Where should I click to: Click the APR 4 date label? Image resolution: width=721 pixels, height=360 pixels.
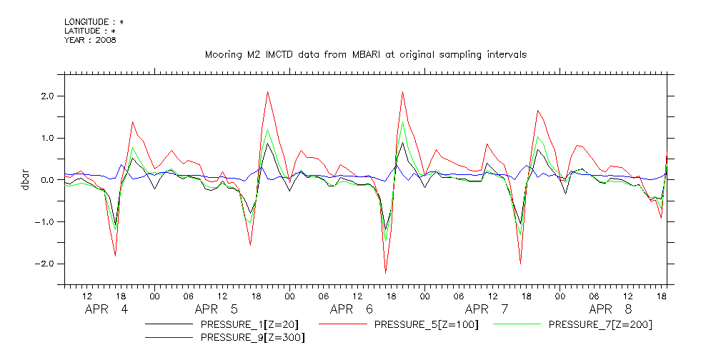(x=106, y=310)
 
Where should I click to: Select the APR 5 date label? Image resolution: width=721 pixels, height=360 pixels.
(x=217, y=310)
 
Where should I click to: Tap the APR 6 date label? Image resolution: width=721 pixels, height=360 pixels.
(x=352, y=310)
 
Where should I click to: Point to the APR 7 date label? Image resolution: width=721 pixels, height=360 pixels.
(x=487, y=310)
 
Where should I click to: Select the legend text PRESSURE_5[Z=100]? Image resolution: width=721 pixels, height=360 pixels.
(x=426, y=324)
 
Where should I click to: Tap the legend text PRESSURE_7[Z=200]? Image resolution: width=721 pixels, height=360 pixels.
(x=600, y=324)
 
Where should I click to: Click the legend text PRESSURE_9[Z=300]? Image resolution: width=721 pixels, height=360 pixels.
(x=252, y=337)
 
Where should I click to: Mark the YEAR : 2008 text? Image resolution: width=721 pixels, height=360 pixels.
(x=90, y=40)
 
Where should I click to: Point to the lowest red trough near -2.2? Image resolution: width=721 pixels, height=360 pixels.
(x=386, y=272)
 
